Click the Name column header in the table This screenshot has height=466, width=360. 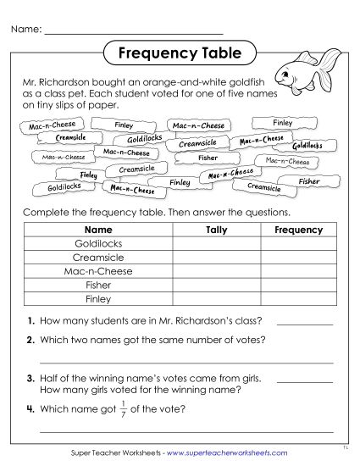(x=99, y=230)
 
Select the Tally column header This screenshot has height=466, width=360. (x=217, y=230)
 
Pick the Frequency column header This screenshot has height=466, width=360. (x=299, y=230)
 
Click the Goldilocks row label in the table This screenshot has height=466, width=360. (x=99, y=243)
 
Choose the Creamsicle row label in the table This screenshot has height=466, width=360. (x=99, y=258)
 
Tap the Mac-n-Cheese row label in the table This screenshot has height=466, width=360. (x=99, y=271)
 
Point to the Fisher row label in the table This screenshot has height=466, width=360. (x=99, y=286)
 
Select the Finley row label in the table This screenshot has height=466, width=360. (x=99, y=299)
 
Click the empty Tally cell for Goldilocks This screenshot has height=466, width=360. (x=217, y=243)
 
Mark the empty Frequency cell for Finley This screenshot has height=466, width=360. (x=299, y=299)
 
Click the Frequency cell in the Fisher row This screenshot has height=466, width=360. (x=299, y=286)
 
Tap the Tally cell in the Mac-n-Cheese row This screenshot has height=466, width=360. (x=217, y=271)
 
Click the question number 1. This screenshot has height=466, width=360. (x=30, y=321)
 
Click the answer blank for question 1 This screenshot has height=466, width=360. (x=305, y=323)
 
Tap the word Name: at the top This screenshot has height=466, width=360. (x=25, y=30)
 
